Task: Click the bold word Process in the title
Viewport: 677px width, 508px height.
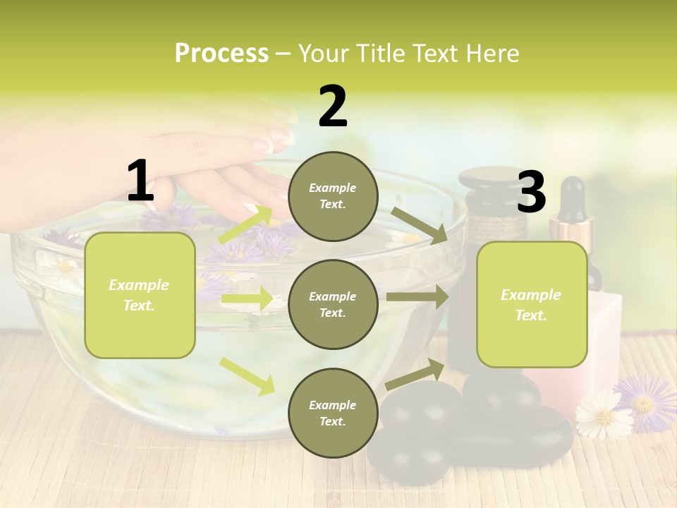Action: [221, 53]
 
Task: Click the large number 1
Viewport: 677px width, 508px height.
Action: [140, 181]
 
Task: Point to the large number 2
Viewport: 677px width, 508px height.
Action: [333, 107]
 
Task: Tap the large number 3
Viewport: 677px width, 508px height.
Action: [532, 192]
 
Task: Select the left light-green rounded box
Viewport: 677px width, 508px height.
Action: [140, 295]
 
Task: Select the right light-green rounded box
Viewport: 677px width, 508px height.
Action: [532, 304]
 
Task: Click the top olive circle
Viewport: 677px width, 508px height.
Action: [333, 196]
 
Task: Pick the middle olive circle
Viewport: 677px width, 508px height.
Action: [333, 304]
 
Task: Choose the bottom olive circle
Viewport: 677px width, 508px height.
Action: [333, 413]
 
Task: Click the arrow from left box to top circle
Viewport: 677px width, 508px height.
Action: [245, 224]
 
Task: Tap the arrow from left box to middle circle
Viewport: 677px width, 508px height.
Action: [246, 299]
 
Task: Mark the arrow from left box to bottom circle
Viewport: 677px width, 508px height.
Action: [247, 375]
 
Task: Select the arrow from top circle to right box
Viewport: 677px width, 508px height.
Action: [420, 225]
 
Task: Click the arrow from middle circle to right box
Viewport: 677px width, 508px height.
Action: [417, 297]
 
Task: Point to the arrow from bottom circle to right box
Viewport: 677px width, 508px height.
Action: [415, 374]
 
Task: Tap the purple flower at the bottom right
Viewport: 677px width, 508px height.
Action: [643, 401]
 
